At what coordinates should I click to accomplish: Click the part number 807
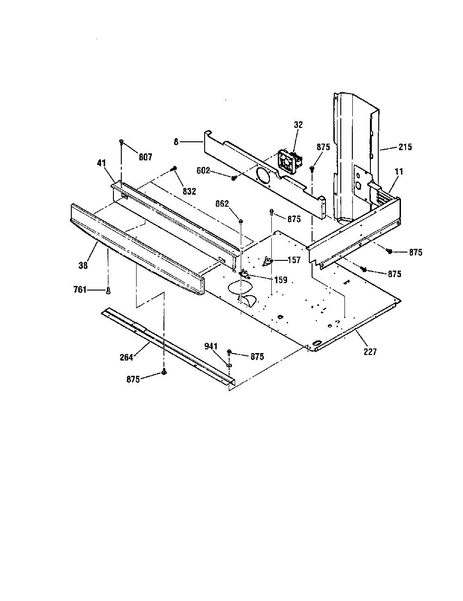(x=145, y=157)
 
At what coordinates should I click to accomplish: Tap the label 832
(x=189, y=191)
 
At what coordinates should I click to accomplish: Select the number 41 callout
(x=101, y=163)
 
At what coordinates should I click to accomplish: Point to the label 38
(x=83, y=265)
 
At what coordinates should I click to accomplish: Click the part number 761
(x=80, y=290)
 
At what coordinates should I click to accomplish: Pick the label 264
(x=126, y=357)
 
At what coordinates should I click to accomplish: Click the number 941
(x=211, y=346)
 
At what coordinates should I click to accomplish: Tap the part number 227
(x=370, y=352)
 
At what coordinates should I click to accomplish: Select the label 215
(x=405, y=147)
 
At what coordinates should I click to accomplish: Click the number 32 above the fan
(x=298, y=125)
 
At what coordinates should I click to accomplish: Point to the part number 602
(x=203, y=171)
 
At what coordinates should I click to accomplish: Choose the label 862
(x=222, y=204)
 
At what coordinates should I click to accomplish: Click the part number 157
(x=294, y=260)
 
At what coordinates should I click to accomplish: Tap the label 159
(x=281, y=280)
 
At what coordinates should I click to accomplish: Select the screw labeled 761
(x=108, y=291)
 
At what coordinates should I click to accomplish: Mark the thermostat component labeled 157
(x=267, y=260)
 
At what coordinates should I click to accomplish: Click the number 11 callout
(x=399, y=172)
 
